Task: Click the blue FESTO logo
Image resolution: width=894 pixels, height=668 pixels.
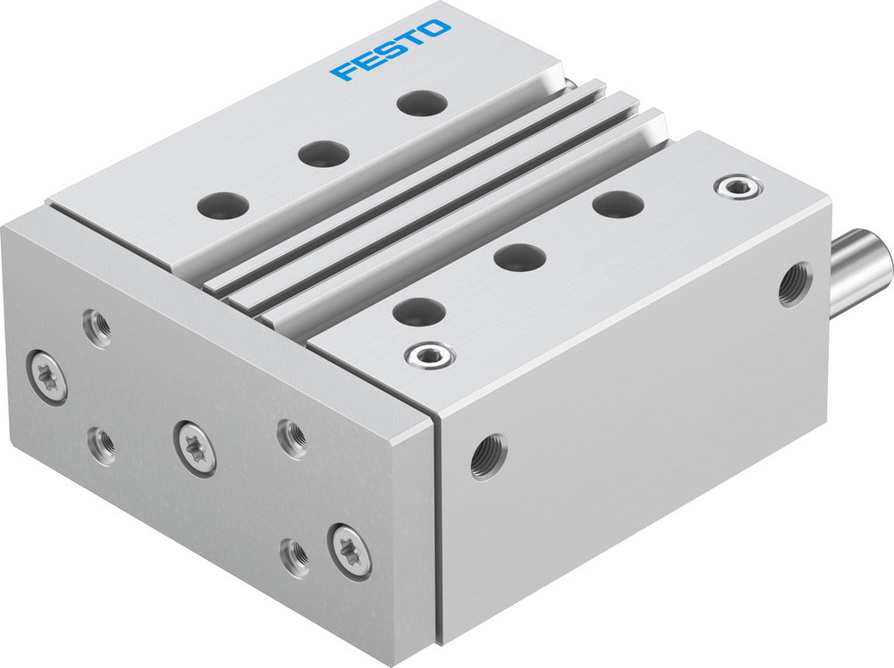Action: click(391, 50)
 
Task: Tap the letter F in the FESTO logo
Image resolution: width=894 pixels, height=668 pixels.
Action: click(342, 71)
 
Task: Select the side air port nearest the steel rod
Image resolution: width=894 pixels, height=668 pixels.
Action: click(794, 283)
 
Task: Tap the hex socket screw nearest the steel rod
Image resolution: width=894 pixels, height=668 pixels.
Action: click(738, 187)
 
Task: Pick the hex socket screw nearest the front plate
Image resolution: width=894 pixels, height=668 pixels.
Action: click(429, 355)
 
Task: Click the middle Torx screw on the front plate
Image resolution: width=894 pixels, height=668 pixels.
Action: click(195, 447)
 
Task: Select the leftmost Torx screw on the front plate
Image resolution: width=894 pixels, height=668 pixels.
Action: click(46, 376)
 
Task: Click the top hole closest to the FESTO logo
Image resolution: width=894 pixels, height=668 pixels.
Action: click(421, 103)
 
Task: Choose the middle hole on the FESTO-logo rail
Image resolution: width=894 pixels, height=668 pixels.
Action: click(324, 153)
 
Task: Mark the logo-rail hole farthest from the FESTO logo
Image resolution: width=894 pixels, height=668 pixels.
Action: click(223, 205)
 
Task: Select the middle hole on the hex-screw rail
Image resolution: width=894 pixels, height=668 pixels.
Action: click(519, 258)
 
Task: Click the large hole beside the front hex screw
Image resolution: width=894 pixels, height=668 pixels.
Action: click(418, 312)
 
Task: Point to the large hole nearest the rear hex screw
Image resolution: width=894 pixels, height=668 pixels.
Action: click(618, 204)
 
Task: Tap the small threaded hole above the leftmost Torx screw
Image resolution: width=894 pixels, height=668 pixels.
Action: click(97, 327)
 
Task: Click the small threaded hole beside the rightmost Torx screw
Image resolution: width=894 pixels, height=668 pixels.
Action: click(294, 557)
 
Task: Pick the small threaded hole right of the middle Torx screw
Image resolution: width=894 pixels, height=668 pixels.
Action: click(292, 436)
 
